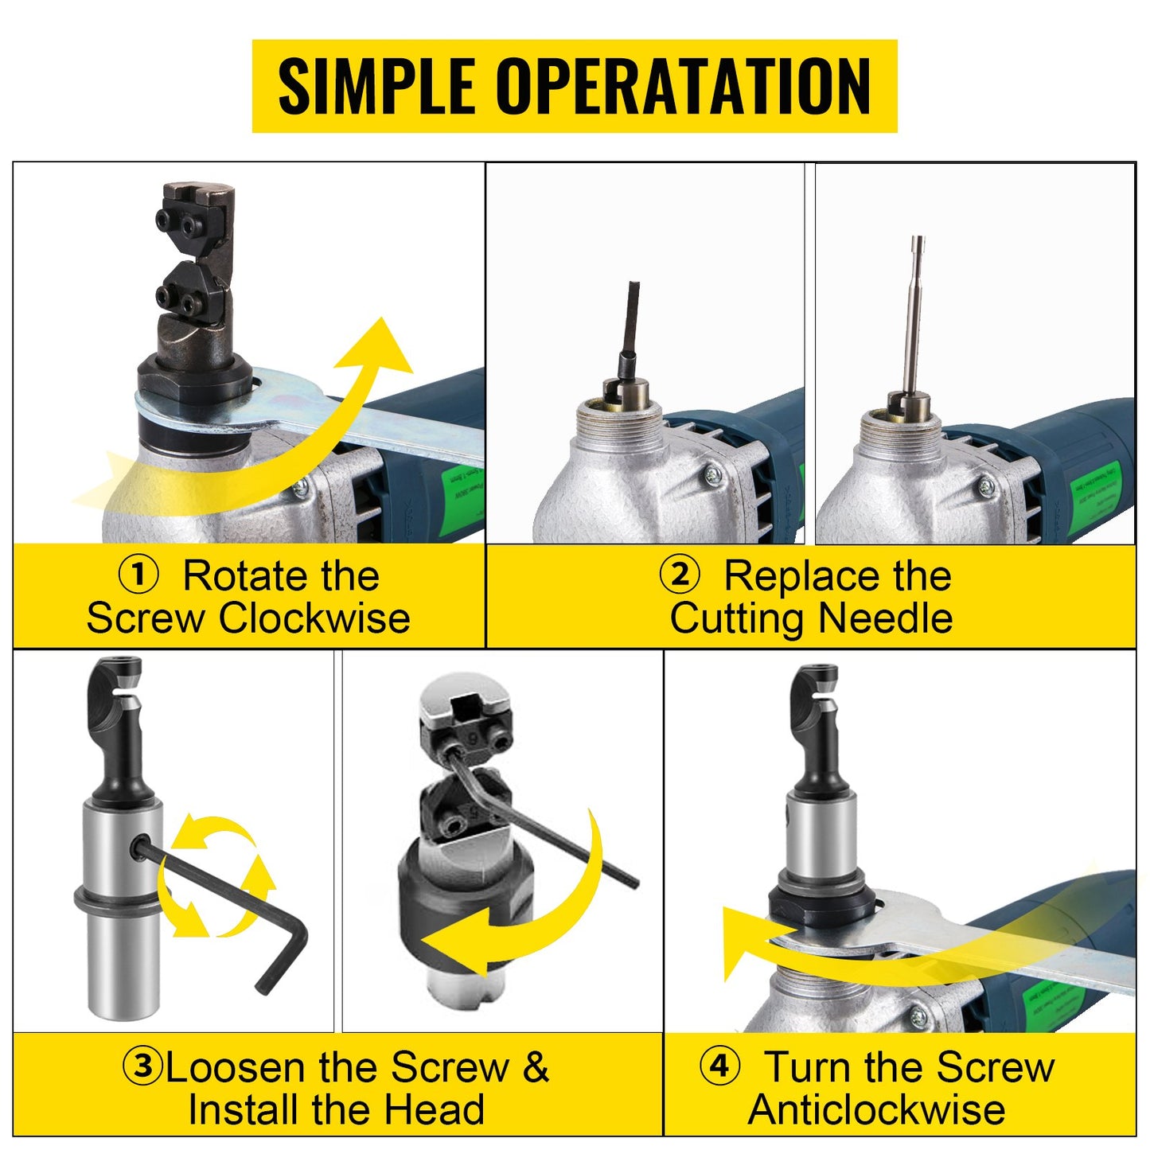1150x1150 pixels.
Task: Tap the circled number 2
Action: (x=680, y=575)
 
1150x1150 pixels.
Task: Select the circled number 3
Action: (x=143, y=1066)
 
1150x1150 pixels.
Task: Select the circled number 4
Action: (x=719, y=1066)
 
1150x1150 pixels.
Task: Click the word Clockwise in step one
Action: (x=314, y=618)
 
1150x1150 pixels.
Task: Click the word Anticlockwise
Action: (x=876, y=1109)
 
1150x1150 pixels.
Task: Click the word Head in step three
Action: (x=443, y=1109)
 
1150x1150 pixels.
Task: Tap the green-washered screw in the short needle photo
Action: (x=711, y=475)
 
